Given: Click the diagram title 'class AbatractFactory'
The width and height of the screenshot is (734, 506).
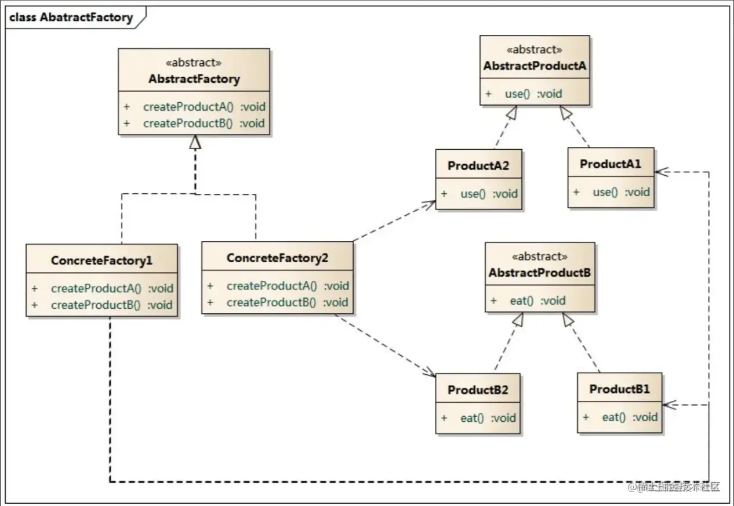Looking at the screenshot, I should coord(71,17).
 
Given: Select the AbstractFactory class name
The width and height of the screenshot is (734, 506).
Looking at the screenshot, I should coord(194,79).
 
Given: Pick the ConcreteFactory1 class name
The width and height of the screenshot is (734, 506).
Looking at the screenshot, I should coord(101,261).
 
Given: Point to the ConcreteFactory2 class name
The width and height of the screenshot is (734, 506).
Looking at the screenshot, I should coord(277,258).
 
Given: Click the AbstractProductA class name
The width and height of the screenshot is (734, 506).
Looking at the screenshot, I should coord(535,66).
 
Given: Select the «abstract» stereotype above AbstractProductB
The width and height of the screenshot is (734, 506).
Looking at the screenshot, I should coord(539,256).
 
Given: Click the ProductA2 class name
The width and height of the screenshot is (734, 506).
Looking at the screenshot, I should coord(478,166).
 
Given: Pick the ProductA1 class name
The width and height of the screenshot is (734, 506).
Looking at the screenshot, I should coord(611,164).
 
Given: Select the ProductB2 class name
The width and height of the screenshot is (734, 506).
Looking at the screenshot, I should coord(478,390).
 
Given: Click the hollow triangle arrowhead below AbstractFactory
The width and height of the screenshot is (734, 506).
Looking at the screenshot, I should coord(195,142).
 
